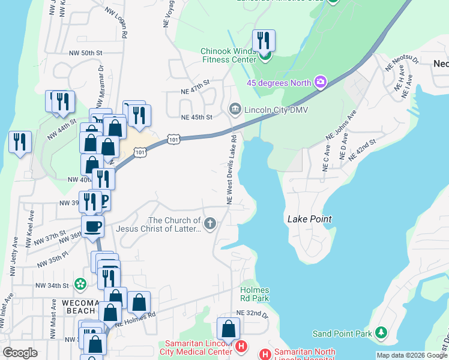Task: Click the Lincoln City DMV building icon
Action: tap(235, 109)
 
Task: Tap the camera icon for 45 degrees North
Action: tap(321, 82)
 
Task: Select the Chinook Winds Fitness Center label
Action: tap(229, 56)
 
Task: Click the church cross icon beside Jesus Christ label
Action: tap(209, 224)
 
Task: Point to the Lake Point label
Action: tap(310, 219)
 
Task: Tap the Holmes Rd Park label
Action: tap(255, 294)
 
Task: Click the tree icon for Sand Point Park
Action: tap(379, 333)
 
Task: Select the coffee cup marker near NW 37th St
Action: tap(92, 227)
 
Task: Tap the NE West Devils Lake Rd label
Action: tap(231, 170)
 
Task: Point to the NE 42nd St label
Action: tap(361, 148)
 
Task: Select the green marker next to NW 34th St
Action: tap(80, 283)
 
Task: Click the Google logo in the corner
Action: tap(20, 353)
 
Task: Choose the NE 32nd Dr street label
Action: tap(251, 313)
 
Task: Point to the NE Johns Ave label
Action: tap(340, 125)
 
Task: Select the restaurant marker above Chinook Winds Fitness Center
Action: tap(264, 41)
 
